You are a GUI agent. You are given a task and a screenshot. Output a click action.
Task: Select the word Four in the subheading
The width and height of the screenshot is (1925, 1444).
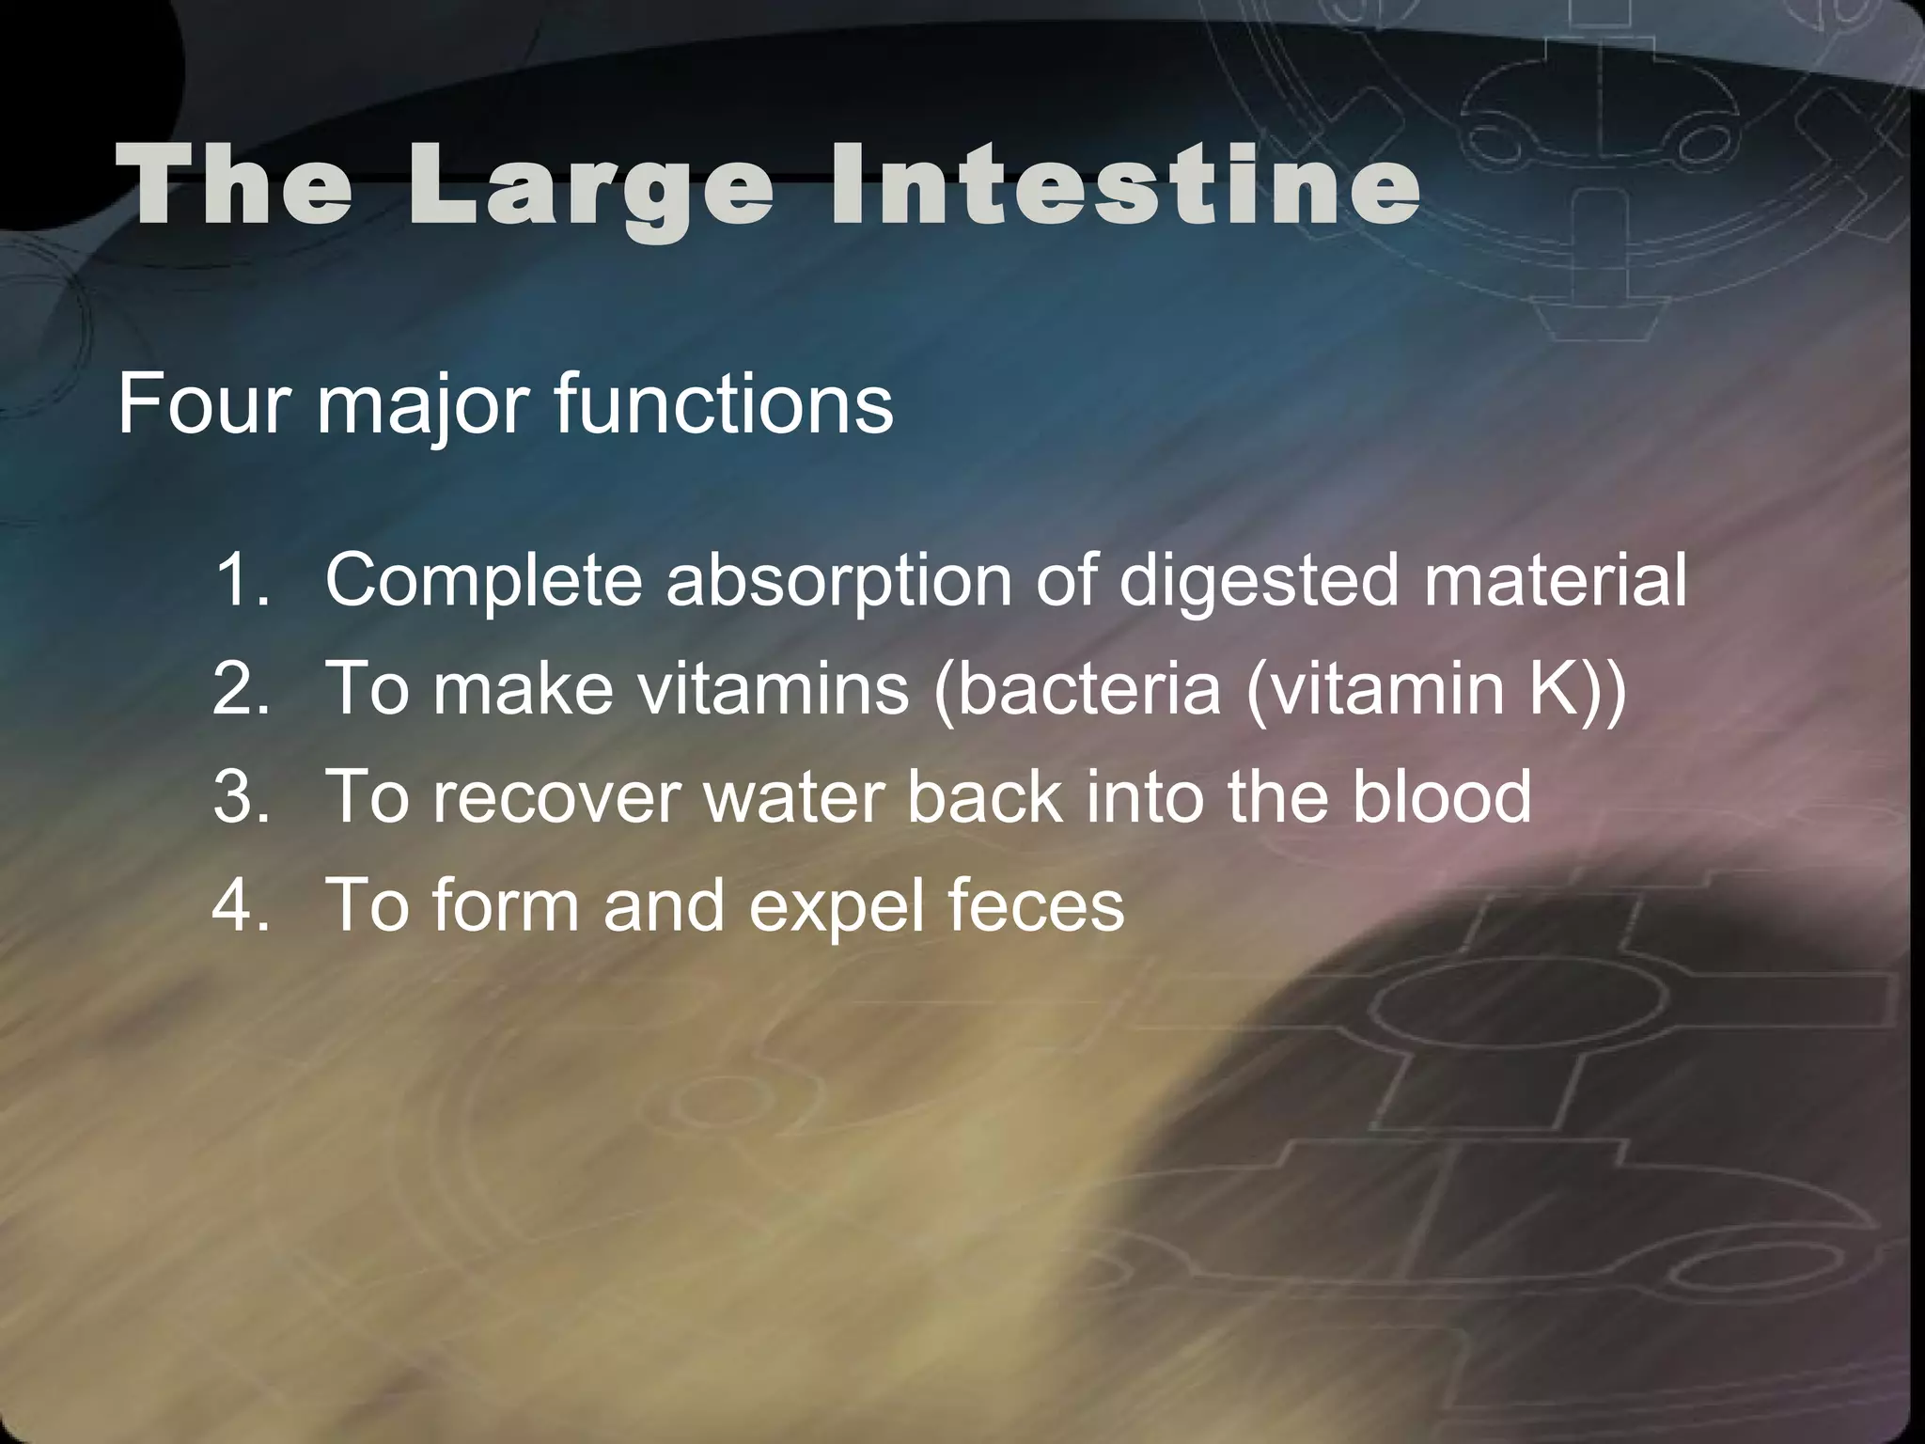[x=203, y=403]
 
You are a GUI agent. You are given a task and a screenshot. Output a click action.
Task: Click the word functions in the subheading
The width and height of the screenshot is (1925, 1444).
[x=723, y=403]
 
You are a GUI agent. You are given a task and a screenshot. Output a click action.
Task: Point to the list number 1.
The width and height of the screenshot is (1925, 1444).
[x=241, y=580]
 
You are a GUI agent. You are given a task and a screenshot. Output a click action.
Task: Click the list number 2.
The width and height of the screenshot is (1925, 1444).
[x=241, y=688]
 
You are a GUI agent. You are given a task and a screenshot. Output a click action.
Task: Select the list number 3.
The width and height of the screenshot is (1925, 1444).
[x=241, y=796]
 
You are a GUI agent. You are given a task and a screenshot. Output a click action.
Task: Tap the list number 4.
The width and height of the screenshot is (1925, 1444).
[x=241, y=904]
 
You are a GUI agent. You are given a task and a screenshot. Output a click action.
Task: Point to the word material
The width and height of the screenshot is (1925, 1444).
[x=1555, y=580]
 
